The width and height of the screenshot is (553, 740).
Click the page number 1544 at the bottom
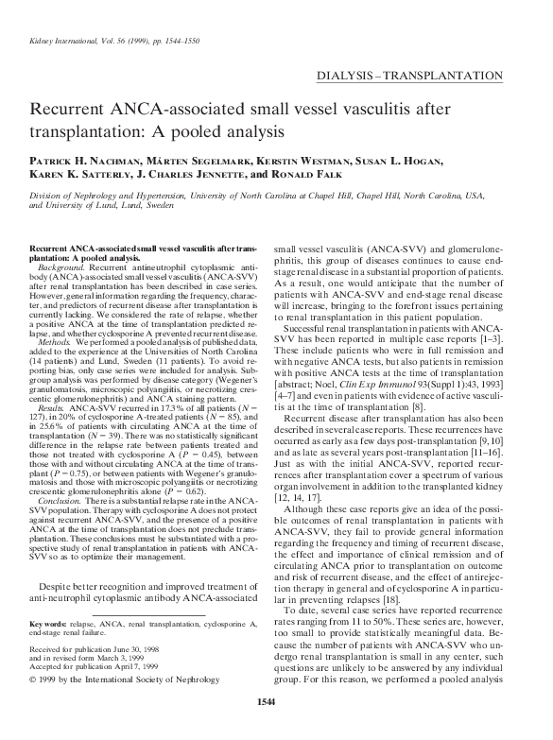point(276,726)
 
